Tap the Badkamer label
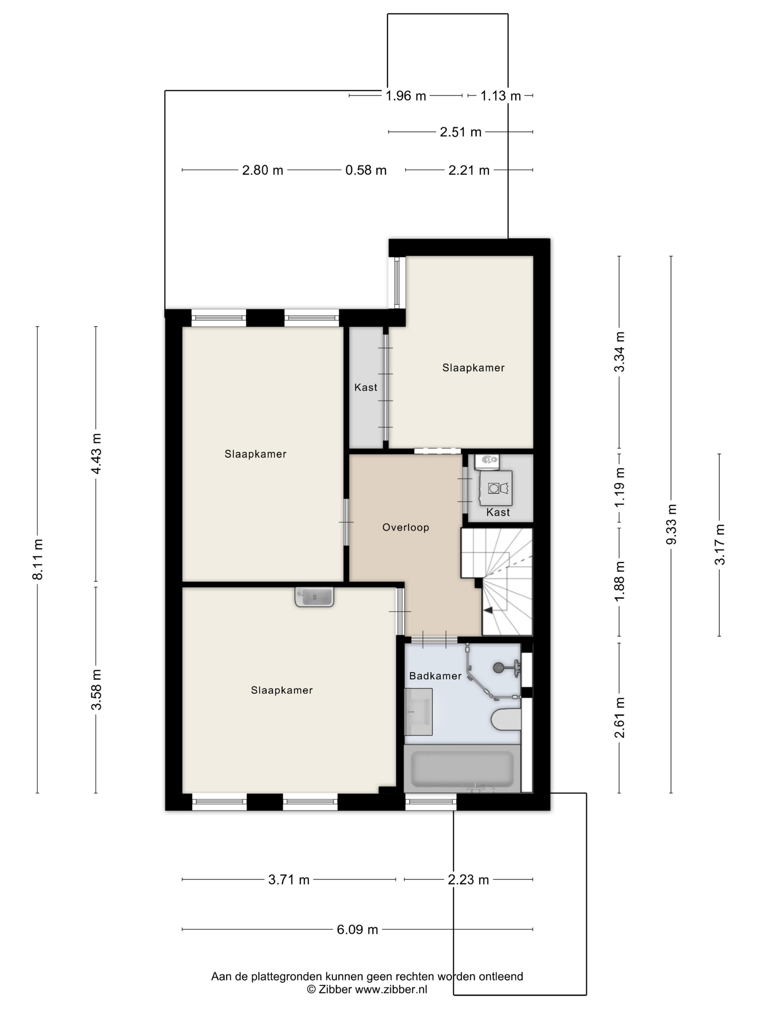[435, 676]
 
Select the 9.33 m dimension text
[671, 525]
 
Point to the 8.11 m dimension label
[38, 559]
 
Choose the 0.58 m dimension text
[366, 170]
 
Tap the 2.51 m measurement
[460, 132]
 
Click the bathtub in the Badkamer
[462, 769]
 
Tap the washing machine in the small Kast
[496, 488]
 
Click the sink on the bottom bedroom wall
[314, 597]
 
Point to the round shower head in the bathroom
[499, 667]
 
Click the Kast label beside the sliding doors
[366, 387]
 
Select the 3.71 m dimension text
[289, 880]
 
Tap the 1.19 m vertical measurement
[620, 488]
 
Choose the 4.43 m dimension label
[96, 454]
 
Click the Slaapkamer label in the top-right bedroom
[474, 368]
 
